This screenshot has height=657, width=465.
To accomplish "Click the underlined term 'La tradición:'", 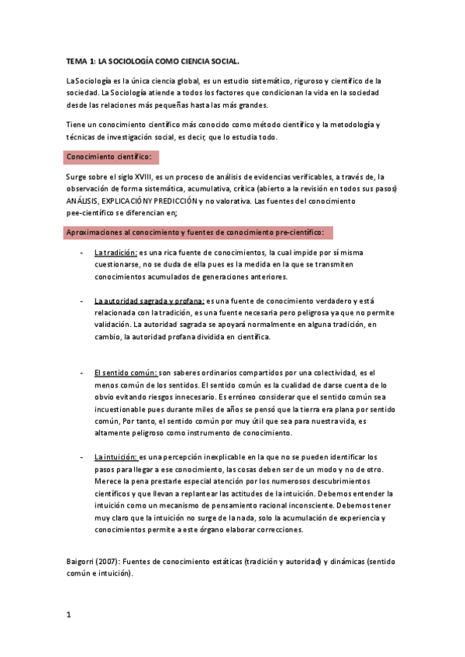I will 115,253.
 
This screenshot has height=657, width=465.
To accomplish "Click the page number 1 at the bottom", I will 69,615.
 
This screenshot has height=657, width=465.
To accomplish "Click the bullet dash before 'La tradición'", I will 82,253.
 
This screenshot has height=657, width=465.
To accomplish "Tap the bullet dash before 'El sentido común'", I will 82,373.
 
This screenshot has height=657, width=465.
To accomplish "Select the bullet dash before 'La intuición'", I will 82,457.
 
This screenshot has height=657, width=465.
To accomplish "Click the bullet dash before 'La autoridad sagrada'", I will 82,301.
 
